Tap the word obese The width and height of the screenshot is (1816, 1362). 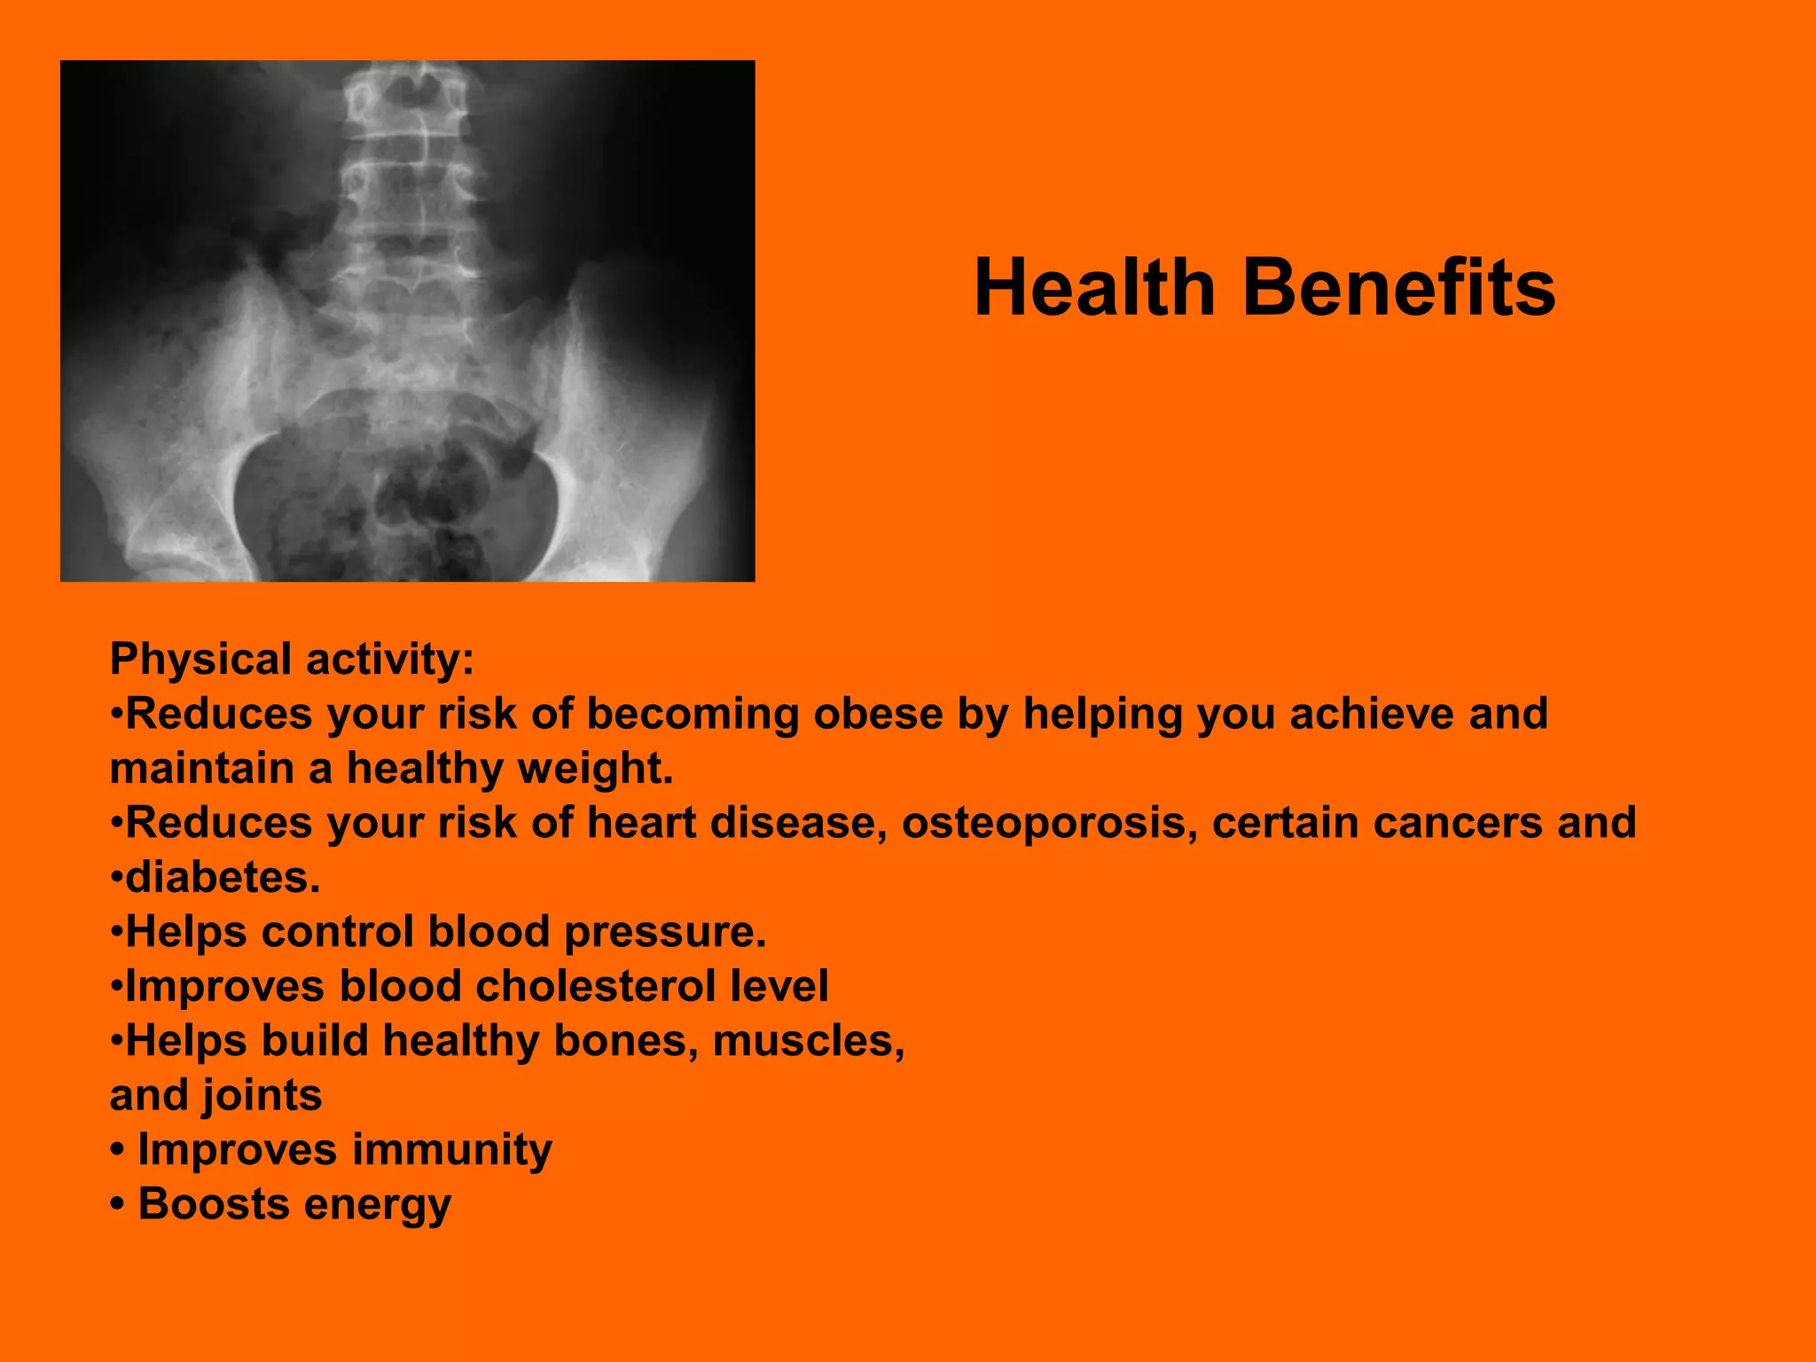coord(878,714)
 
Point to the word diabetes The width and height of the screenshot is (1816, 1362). coord(222,878)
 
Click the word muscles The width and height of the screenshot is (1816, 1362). coord(808,1041)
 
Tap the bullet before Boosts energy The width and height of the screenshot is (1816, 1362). coord(117,1205)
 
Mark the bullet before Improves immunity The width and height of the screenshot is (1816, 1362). coord(117,1150)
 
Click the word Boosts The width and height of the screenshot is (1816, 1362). coord(214,1204)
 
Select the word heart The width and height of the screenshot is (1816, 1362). coord(641,823)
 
